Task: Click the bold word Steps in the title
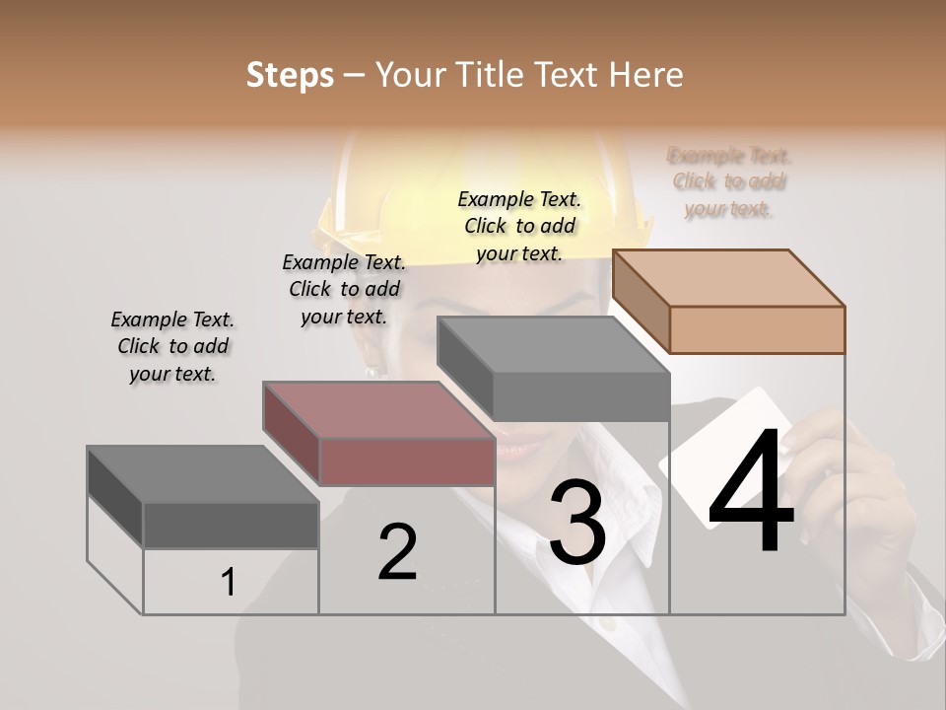[290, 76]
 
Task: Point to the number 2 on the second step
[397, 552]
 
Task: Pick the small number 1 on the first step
[229, 583]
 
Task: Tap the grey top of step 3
[554, 345]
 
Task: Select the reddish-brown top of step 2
[379, 410]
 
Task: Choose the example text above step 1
[172, 346]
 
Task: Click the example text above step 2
[344, 289]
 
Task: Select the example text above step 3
[519, 226]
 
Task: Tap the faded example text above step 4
[729, 181]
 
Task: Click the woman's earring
[373, 370]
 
